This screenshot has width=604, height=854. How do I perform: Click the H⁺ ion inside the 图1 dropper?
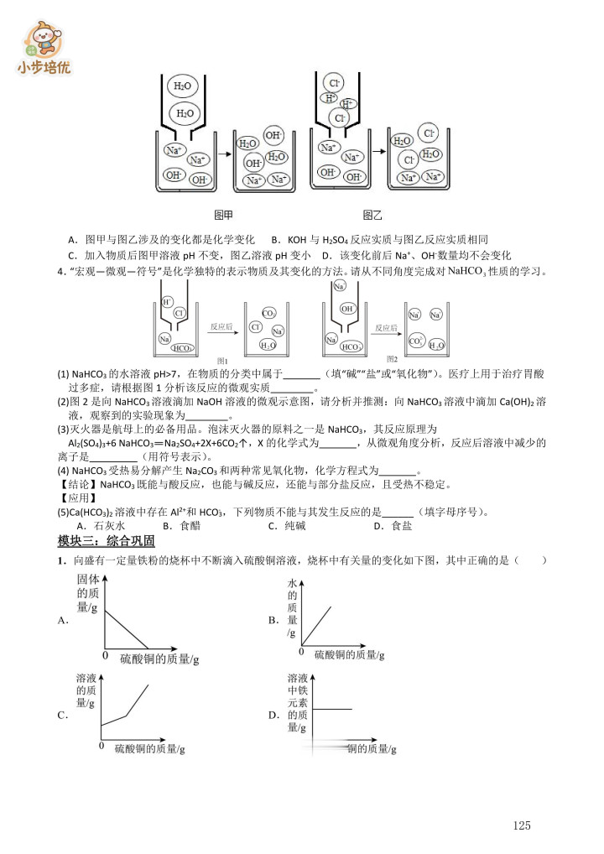168,301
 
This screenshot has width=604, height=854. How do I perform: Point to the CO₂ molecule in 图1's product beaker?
268,313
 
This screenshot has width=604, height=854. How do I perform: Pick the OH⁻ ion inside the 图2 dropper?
346,308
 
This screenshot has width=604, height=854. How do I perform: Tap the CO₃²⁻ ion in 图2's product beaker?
415,341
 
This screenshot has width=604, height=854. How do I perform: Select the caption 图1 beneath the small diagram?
223,360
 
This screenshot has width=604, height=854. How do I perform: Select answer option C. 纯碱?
285,526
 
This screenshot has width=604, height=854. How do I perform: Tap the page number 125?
522,825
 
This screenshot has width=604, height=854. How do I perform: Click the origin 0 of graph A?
105,654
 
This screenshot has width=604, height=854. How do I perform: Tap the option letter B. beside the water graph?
273,621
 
